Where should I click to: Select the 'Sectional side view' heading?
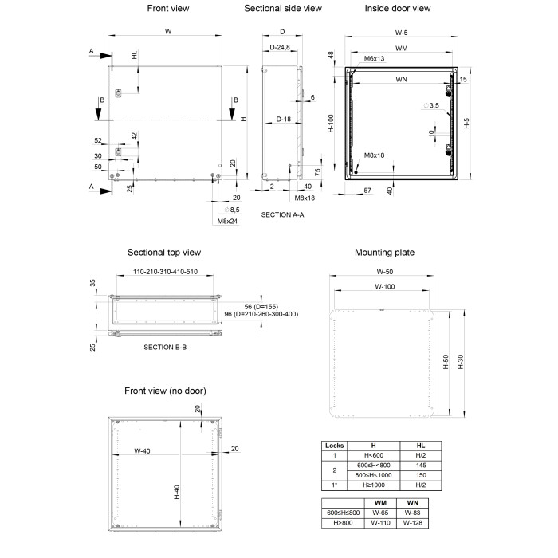pyautogui.click(x=283, y=9)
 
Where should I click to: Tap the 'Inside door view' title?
pyautogui.click(x=398, y=9)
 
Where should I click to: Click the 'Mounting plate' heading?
pyautogui.click(x=384, y=253)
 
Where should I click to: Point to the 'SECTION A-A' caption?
pyautogui.click(x=283, y=215)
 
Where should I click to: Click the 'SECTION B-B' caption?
pyautogui.click(x=164, y=348)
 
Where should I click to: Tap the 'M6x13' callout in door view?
pyautogui.click(x=375, y=59)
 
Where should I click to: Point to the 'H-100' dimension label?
pyautogui.click(x=332, y=124)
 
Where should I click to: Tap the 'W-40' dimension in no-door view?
pyautogui.click(x=143, y=451)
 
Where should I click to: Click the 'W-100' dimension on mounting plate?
pyautogui.click(x=385, y=286)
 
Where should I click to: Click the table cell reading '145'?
pyautogui.click(x=422, y=465)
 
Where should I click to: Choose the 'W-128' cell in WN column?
pyautogui.click(x=412, y=523)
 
